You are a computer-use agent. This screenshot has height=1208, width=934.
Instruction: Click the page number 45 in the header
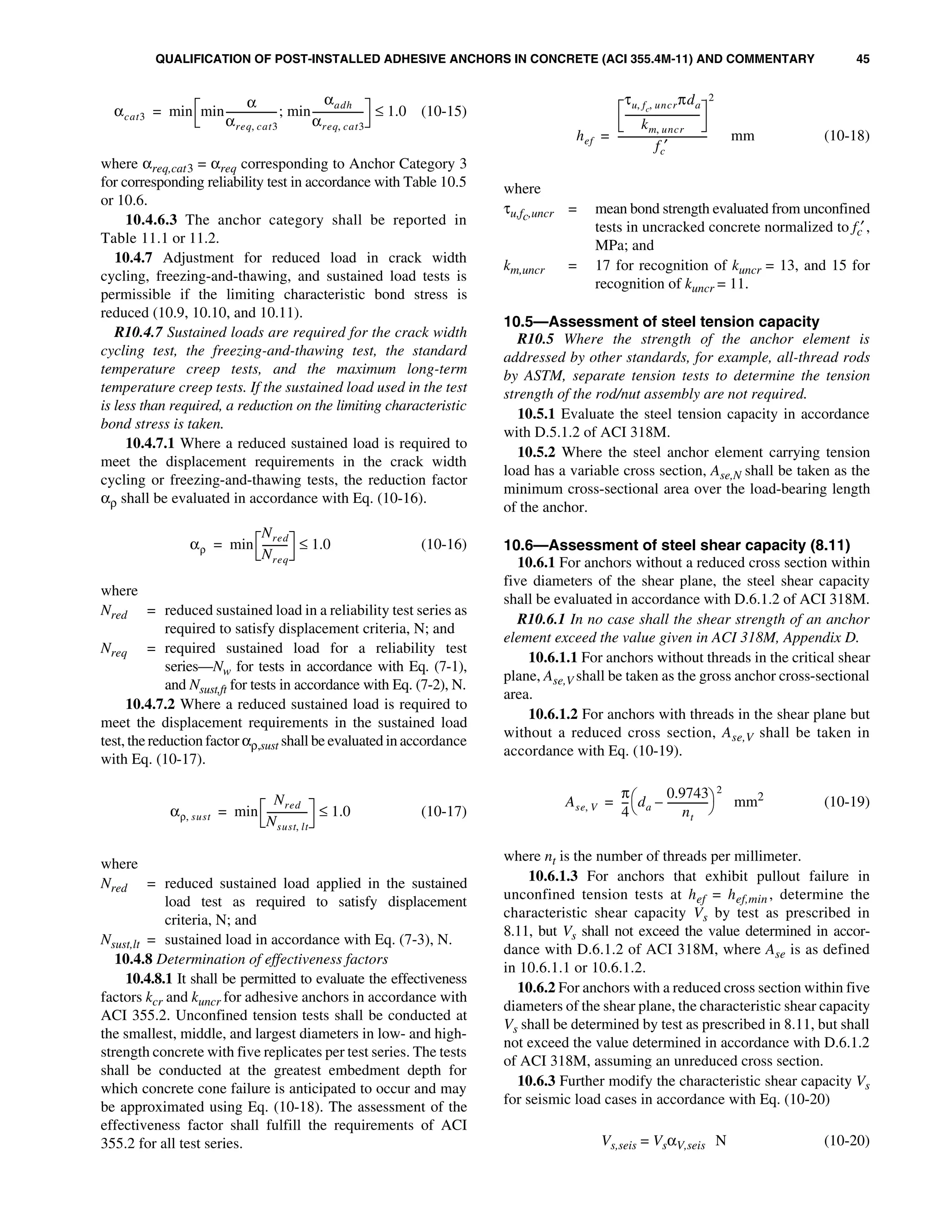[x=862, y=59]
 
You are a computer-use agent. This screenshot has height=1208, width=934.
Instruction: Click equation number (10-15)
[x=444, y=111]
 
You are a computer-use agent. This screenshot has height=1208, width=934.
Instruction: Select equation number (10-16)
[x=444, y=544]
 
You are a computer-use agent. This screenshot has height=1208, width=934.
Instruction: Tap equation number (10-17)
[x=444, y=811]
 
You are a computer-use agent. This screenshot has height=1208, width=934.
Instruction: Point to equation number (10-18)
[x=846, y=136]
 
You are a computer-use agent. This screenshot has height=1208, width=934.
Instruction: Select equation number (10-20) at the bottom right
[x=846, y=1141]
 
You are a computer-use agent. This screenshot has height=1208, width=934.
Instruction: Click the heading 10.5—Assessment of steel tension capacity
[x=661, y=321]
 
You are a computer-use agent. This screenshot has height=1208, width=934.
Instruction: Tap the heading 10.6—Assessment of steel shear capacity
[x=677, y=545]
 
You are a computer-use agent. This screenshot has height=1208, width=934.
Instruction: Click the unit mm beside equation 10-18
[x=742, y=136]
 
